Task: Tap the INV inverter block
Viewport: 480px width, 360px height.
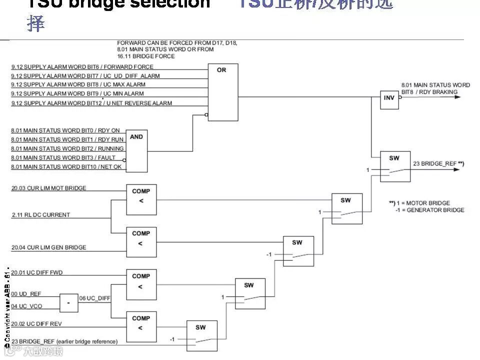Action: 389,97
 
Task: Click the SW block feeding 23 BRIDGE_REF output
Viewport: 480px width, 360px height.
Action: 395,166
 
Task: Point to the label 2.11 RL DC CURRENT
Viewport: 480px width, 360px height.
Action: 40,215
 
